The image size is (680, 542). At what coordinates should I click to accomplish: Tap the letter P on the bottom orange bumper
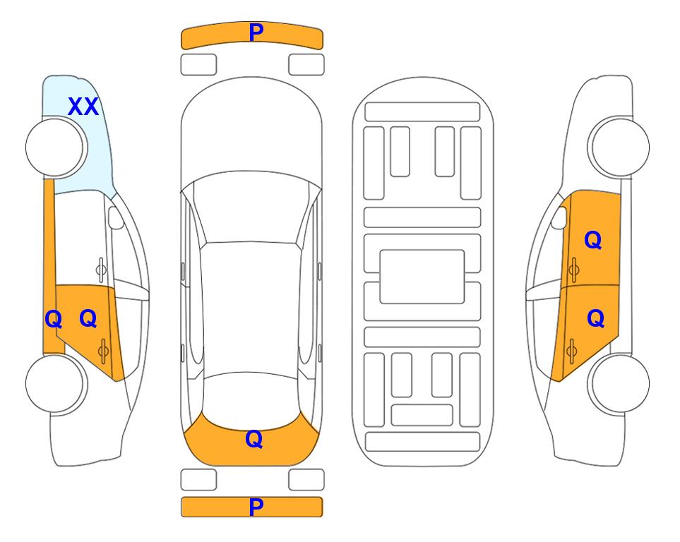pyautogui.click(x=256, y=507)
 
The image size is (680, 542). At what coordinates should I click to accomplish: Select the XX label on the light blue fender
pyautogui.click(x=83, y=107)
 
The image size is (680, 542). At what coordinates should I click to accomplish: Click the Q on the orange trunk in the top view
pyautogui.click(x=254, y=439)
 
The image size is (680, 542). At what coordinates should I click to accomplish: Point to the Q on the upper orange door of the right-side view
pyautogui.click(x=593, y=240)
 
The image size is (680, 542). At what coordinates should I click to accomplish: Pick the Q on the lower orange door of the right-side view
pyautogui.click(x=595, y=318)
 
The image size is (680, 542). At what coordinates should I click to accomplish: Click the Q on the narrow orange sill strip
pyautogui.click(x=54, y=320)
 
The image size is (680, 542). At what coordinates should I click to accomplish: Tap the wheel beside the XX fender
pyautogui.click(x=56, y=147)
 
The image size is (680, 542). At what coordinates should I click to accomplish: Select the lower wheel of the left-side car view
pyautogui.click(x=56, y=383)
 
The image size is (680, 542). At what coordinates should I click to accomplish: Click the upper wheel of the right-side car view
pyautogui.click(x=619, y=147)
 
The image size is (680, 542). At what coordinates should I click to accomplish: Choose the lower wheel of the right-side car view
pyautogui.click(x=619, y=383)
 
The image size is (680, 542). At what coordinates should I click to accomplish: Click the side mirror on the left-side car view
pyautogui.click(x=116, y=217)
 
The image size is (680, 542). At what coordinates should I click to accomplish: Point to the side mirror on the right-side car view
pyautogui.click(x=559, y=217)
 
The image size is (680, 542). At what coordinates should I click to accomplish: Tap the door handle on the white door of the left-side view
pyautogui.click(x=101, y=270)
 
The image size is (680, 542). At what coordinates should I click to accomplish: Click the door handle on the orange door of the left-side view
pyautogui.click(x=103, y=351)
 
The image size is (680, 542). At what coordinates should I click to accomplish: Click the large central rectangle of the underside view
pyautogui.click(x=422, y=277)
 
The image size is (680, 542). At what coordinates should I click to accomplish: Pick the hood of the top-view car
pyautogui.click(x=251, y=130)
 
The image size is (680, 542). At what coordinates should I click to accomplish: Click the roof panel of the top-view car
pyautogui.click(x=251, y=308)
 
